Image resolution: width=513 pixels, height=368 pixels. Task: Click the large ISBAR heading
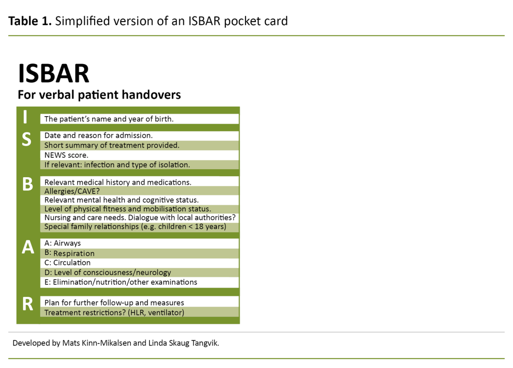[x=54, y=74]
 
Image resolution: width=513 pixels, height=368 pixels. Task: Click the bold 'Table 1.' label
[x=30, y=21]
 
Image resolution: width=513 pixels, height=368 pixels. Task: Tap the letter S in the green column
[x=27, y=140]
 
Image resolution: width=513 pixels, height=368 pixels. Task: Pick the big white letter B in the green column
[x=28, y=185]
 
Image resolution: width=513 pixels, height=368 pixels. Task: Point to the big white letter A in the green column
[x=28, y=247]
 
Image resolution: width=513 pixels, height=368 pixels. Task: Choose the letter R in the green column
[x=28, y=304]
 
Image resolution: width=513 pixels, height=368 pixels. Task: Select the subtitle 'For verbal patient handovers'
[x=99, y=95]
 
